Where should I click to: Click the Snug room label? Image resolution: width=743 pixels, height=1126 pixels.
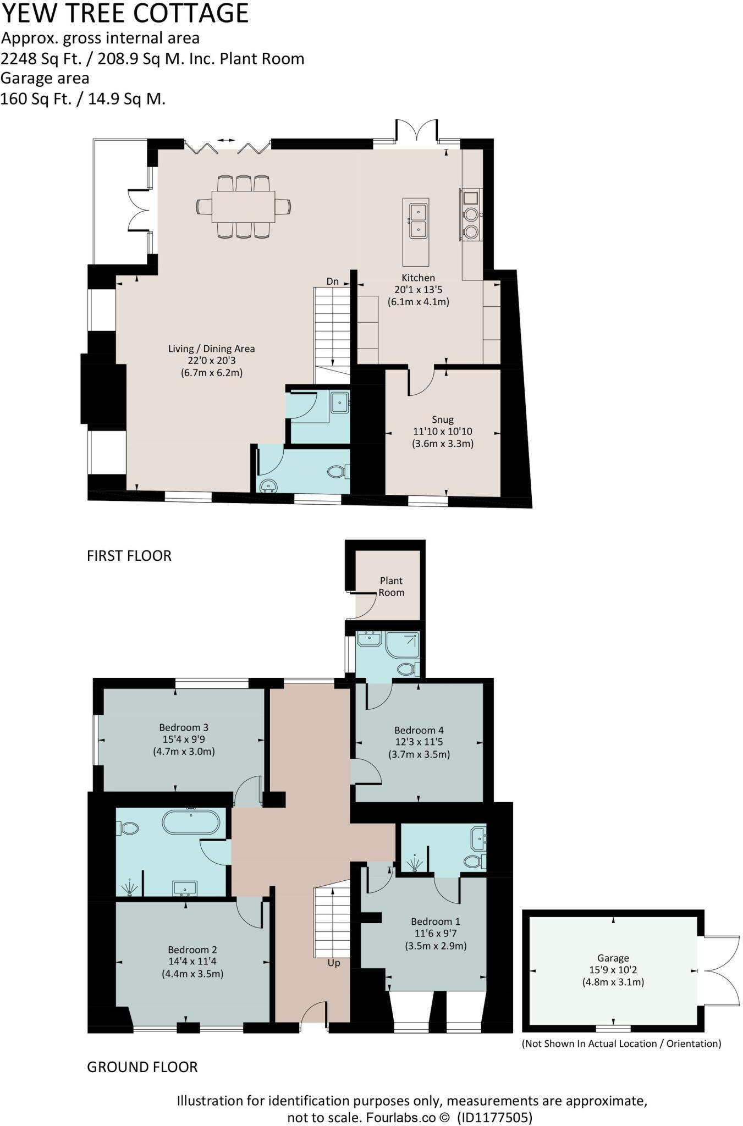click(442, 420)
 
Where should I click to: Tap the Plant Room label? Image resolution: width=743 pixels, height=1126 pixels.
click(391, 586)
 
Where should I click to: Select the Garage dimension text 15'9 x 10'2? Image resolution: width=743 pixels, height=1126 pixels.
click(613, 970)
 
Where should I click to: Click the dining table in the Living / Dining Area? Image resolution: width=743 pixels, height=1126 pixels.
click(243, 206)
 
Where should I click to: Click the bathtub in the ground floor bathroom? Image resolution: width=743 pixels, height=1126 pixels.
click(191, 823)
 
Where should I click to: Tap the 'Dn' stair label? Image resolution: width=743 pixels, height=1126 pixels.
click(333, 281)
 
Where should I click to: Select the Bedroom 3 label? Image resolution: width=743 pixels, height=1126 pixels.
click(184, 727)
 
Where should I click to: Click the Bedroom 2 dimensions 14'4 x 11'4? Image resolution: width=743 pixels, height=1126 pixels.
click(192, 961)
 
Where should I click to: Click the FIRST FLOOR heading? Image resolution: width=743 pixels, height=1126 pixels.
click(129, 555)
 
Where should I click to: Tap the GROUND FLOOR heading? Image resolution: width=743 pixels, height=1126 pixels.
click(142, 1067)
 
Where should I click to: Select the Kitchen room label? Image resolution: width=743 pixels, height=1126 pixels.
click(418, 278)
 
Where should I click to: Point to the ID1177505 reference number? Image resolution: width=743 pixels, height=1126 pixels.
click(494, 1117)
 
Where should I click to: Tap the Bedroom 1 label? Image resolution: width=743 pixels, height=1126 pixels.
click(436, 921)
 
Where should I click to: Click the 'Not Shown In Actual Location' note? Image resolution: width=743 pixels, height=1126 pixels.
click(621, 1044)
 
